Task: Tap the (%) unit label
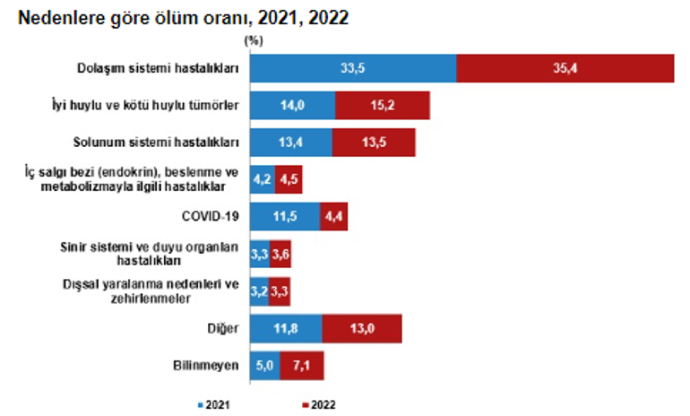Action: coord(253,39)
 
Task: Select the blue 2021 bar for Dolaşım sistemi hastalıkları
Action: coord(353,68)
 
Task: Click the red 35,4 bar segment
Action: coord(565,68)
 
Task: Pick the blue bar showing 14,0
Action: coord(293,105)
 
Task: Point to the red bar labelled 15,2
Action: coord(383,105)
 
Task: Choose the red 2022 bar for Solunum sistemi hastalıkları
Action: coord(374,142)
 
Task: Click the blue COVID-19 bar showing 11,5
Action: coord(285,216)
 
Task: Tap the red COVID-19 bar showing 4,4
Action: coord(333,216)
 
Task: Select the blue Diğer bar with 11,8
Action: coord(286,328)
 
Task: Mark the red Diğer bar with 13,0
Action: coord(361,328)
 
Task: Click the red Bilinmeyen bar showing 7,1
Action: coord(301,365)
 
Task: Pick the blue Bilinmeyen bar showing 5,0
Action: coord(264,365)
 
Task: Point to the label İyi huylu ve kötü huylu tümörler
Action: coord(157,105)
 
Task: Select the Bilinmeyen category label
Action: coord(205,365)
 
